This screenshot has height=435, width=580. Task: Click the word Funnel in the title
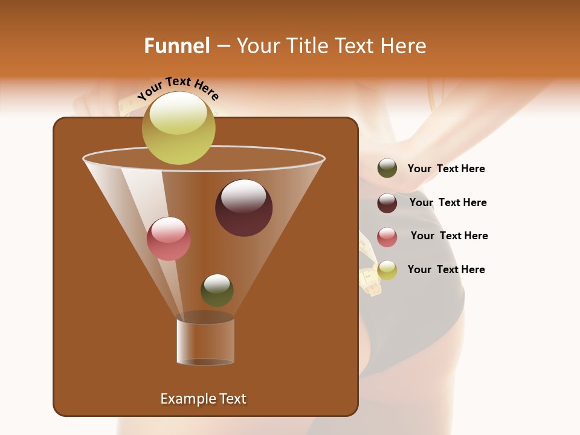pos(177,46)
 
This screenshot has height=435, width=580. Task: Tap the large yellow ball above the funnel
pos(178,127)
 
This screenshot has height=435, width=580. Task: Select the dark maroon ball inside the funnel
pos(243,208)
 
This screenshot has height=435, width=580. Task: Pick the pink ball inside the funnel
pos(169,239)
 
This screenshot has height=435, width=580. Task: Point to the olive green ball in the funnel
pos(217,290)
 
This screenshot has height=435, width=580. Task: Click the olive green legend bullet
pos(387,169)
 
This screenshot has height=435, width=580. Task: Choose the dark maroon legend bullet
pos(387,203)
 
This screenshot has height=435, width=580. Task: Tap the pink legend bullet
pos(387,237)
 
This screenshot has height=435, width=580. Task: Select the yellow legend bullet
pos(387,270)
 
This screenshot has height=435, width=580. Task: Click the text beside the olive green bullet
pos(446,169)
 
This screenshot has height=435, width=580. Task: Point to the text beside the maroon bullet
pos(448,203)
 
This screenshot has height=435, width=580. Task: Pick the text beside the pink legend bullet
pos(449,236)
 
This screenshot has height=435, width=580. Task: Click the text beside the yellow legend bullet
pos(446,270)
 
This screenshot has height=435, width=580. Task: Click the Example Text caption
pos(203,399)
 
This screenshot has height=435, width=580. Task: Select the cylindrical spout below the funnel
pos(205,341)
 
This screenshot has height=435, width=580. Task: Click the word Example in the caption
pos(185,399)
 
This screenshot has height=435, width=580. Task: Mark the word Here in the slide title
pos(404,46)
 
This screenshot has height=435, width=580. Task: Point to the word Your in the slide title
pos(258,46)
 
